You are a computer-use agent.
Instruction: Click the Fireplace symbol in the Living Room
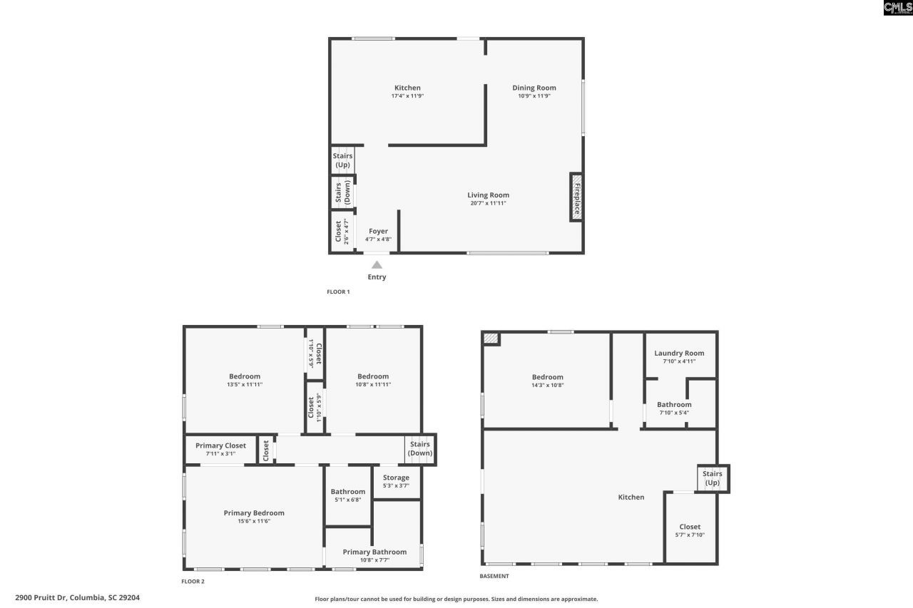click(x=576, y=196)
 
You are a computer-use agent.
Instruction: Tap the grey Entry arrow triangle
click(x=377, y=265)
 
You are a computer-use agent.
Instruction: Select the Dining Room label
click(x=534, y=88)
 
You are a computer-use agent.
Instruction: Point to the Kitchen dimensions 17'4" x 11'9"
click(x=408, y=96)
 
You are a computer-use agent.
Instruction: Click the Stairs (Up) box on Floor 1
click(x=342, y=160)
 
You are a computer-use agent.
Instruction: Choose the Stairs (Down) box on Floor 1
click(x=342, y=192)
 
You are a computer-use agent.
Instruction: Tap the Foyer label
click(x=378, y=231)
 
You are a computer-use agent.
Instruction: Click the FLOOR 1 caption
click(x=338, y=292)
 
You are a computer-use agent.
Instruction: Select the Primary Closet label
click(x=220, y=445)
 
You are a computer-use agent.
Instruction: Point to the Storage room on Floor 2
click(x=396, y=481)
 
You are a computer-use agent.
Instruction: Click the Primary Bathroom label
click(x=374, y=552)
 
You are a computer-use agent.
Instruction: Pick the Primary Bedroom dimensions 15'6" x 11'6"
click(x=254, y=521)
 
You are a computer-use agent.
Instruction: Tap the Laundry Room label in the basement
click(x=679, y=353)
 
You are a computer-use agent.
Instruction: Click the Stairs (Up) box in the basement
click(x=713, y=478)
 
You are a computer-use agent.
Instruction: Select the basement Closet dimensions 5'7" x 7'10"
click(x=690, y=535)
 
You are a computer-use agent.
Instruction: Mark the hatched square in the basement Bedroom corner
click(x=491, y=339)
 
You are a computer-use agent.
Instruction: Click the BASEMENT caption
click(x=494, y=576)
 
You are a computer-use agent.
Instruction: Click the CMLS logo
click(x=897, y=8)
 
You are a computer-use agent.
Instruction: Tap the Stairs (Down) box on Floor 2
click(x=420, y=448)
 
